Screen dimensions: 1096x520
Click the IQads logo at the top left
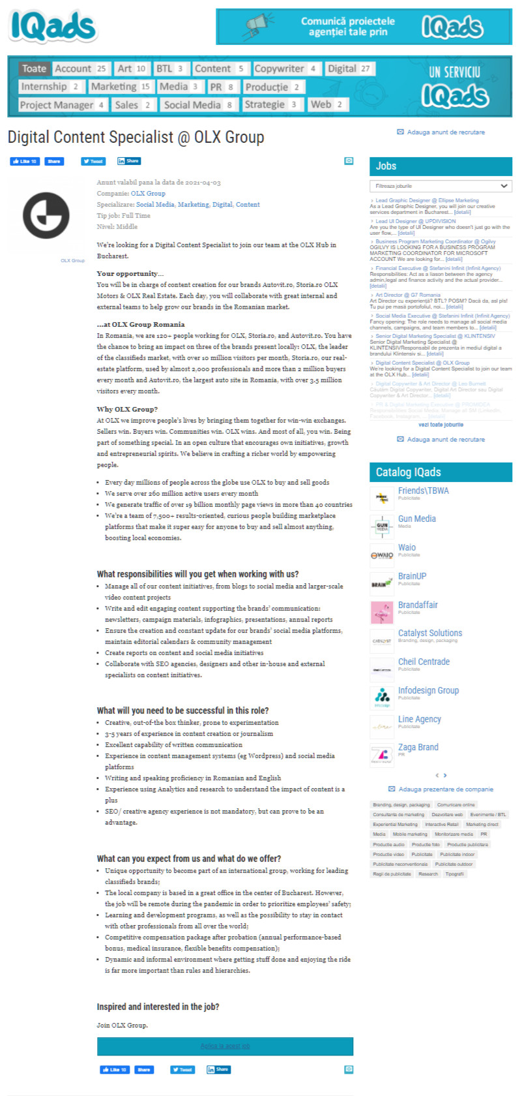[53, 27]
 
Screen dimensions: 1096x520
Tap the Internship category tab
[44, 87]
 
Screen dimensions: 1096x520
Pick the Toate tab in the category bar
[34, 68]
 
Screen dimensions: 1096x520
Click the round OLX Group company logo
[46, 215]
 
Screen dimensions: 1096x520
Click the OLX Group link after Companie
[148, 194]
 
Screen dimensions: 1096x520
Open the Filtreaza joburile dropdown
[441, 186]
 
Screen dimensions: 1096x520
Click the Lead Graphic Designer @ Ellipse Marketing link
[427, 200]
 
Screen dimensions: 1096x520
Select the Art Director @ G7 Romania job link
[408, 295]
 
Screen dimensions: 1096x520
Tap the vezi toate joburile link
[441, 425]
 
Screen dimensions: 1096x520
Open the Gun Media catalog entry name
[417, 519]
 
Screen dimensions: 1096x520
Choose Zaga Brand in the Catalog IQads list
[418, 747]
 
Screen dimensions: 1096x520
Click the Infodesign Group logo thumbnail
[382, 697]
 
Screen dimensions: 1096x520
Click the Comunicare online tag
[456, 805]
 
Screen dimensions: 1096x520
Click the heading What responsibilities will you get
[197, 574]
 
